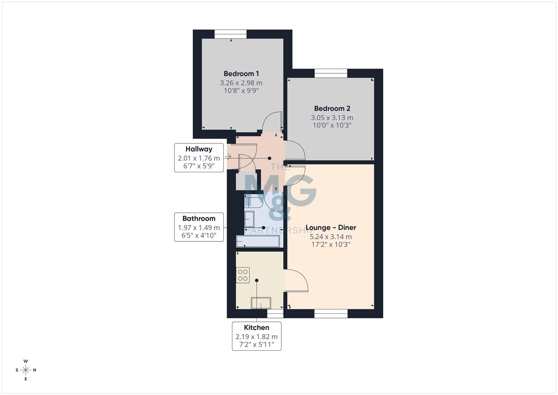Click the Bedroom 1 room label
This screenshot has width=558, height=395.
click(241, 74)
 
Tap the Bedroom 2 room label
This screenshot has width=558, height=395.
click(332, 109)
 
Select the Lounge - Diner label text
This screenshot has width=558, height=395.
click(331, 227)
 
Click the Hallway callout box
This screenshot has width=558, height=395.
click(199, 158)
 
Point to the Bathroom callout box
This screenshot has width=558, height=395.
click(199, 227)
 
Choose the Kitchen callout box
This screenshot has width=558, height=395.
click(257, 336)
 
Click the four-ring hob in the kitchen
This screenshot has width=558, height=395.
click(243, 275)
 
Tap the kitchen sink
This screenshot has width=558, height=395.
click(261, 303)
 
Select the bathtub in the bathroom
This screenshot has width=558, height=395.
click(258, 241)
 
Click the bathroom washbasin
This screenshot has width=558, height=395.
click(250, 219)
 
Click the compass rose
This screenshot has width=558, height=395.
click(26, 370)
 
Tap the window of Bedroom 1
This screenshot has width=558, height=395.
click(230, 34)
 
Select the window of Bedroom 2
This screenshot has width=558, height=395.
click(331, 74)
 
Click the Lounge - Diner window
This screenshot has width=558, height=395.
click(331, 313)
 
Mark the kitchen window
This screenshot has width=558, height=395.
click(275, 313)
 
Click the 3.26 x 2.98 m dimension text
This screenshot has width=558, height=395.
click(241, 83)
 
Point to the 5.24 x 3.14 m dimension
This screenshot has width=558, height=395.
click(331, 237)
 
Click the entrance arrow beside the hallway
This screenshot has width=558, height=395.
click(228, 157)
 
